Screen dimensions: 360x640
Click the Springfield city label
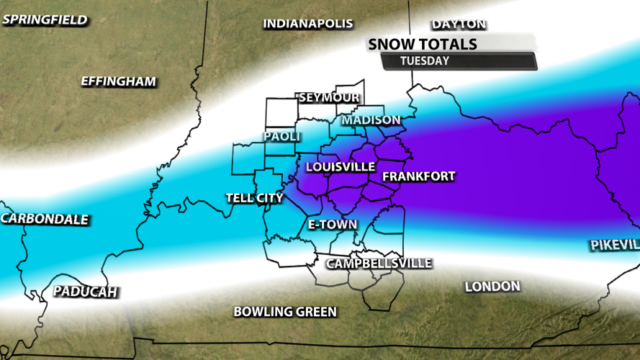[45, 19]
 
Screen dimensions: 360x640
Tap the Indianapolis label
[307, 24]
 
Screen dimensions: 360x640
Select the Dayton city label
[459, 24]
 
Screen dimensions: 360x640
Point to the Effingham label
[118, 81]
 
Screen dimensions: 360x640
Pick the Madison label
[371, 120]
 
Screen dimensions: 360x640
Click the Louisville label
[340, 167]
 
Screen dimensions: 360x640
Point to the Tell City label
[254, 198]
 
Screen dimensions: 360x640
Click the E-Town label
[332, 225]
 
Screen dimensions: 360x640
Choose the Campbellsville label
[379, 264]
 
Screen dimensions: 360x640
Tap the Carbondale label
[45, 220]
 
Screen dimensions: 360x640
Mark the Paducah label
[85, 292]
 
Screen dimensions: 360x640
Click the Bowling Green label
[285, 312]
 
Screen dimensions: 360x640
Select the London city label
[492, 287]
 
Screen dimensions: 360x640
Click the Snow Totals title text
[423, 44]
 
